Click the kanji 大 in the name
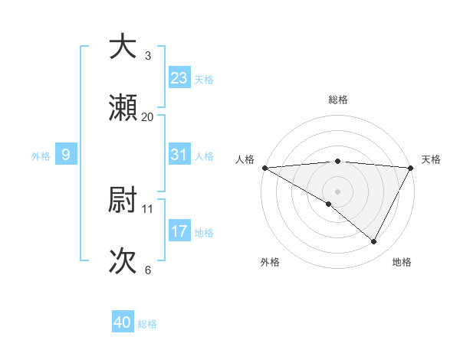click(x=123, y=47)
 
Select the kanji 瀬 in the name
click(x=123, y=108)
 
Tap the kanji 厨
click(x=123, y=200)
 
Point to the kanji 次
click(x=123, y=261)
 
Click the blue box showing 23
click(x=179, y=78)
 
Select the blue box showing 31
click(x=179, y=155)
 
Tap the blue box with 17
click(x=179, y=231)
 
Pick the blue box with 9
click(x=66, y=155)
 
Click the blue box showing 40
click(x=123, y=322)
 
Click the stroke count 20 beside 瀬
click(x=148, y=116)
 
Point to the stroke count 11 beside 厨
click(x=148, y=208)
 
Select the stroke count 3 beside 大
click(x=148, y=55)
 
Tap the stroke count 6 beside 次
click(x=148, y=270)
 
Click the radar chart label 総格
click(x=338, y=100)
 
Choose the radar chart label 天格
click(x=431, y=159)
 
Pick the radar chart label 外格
click(x=270, y=262)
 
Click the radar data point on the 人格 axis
click(x=264, y=167)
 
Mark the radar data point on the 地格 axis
click(x=374, y=242)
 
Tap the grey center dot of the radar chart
click(x=337, y=191)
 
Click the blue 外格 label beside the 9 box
click(x=41, y=155)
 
